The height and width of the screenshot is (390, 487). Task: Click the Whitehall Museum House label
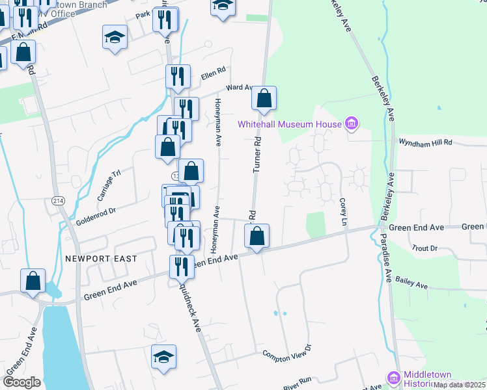[289, 124]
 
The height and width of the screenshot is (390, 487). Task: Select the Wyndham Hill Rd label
[424, 142]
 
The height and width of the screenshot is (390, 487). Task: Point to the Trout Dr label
[425, 248]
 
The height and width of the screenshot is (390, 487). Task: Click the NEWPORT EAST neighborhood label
[101, 259]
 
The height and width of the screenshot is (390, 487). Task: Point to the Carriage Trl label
[109, 185]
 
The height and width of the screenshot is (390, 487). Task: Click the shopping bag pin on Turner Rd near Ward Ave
[264, 99]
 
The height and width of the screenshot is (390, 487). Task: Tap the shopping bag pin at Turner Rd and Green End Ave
[257, 237]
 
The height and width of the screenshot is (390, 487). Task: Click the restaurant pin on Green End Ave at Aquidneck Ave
[182, 266]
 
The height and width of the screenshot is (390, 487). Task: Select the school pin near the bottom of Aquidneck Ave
[164, 357]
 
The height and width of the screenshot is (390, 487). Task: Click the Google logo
[21, 382]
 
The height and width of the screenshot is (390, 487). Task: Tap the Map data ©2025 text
[460, 385]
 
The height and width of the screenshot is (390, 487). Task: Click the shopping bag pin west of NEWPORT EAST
[33, 281]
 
